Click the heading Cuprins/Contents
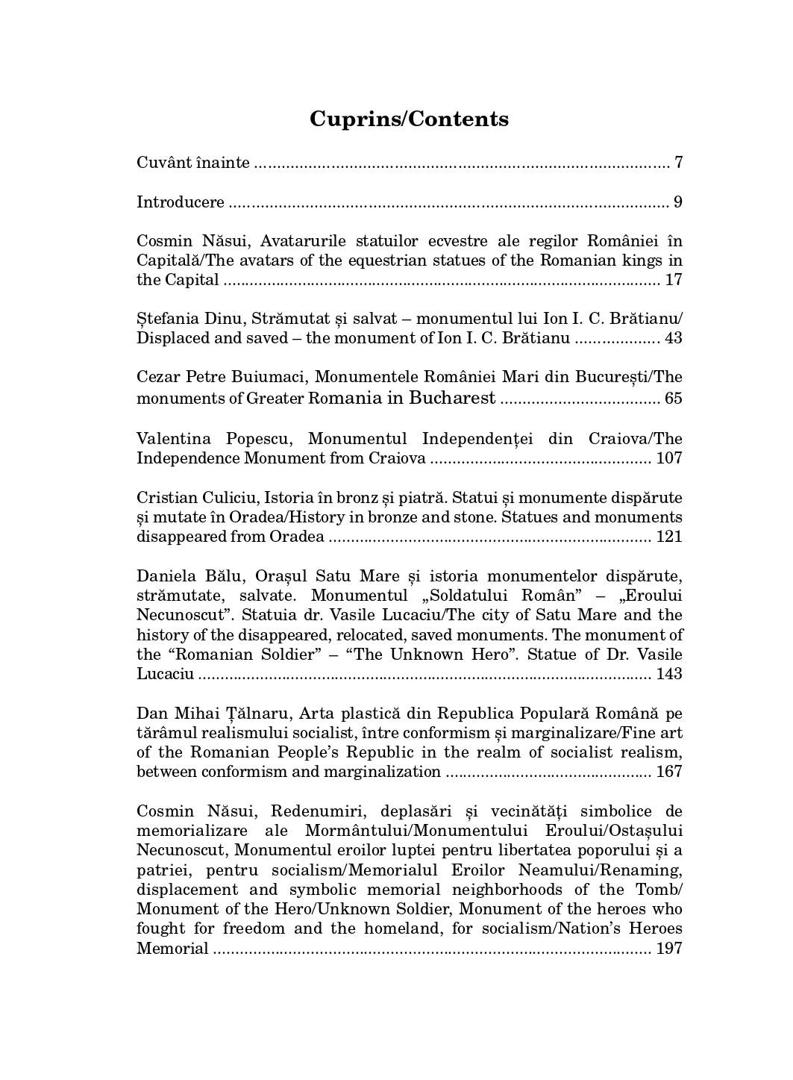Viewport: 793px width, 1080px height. tap(409, 119)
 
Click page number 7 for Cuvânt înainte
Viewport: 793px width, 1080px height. tap(678, 163)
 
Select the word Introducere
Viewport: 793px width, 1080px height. tap(181, 202)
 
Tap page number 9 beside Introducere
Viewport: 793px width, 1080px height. tap(678, 202)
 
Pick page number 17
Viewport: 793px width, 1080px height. tap(673, 280)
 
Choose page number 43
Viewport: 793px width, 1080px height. tap(673, 338)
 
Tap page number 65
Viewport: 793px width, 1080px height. tap(673, 398)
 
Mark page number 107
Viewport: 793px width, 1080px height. tap(669, 458)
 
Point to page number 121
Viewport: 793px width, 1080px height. tap(669, 537)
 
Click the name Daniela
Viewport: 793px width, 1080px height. tap(166, 576)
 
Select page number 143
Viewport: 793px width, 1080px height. tap(669, 674)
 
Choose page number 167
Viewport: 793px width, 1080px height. tap(669, 772)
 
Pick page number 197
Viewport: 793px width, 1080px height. tap(669, 949)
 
